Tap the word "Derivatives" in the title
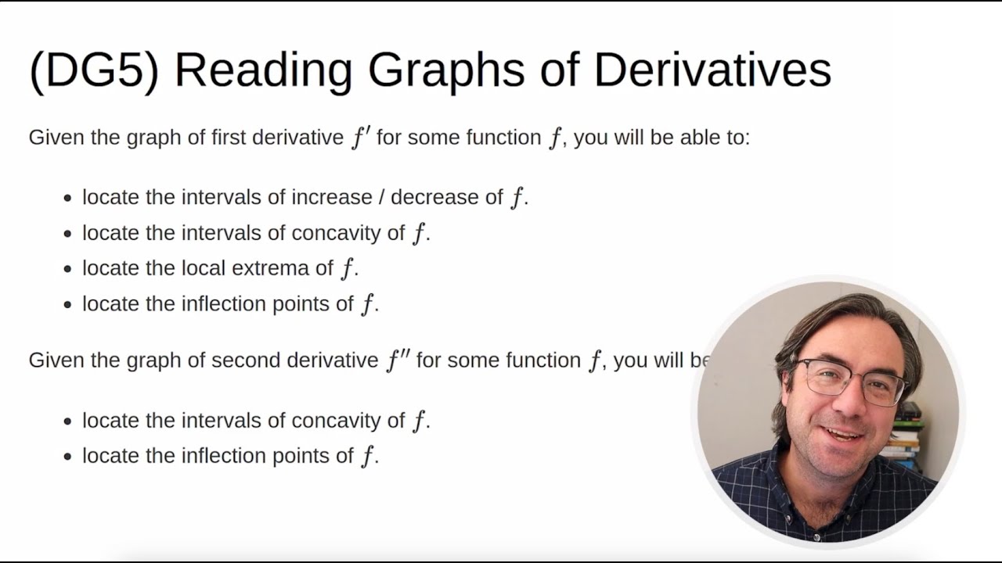pos(712,70)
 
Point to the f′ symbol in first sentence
pos(360,138)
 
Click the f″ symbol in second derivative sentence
pos(398,360)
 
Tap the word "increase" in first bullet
pos(331,197)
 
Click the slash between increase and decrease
pos(381,197)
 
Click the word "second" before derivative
pos(246,360)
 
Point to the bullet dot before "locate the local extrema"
pos(67,269)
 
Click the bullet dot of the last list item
pos(67,457)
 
